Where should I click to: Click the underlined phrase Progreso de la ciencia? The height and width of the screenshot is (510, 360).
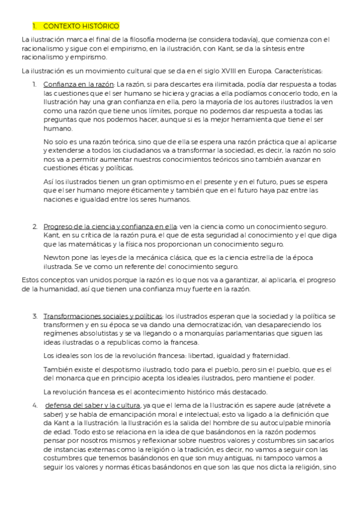coord(80,227)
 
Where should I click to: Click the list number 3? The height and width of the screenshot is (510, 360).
coord(35,316)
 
